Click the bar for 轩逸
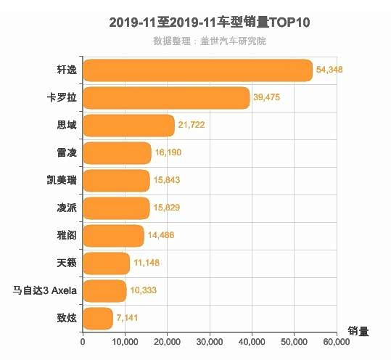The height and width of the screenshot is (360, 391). [x=197, y=70]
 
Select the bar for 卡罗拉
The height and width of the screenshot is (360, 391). [x=166, y=98]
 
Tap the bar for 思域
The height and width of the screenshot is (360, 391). [x=128, y=126]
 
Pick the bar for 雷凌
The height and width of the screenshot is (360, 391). [x=117, y=153]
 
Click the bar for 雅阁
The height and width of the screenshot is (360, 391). [x=113, y=236]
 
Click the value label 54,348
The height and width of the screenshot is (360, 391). [x=330, y=70]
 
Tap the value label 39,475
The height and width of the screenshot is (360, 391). [x=267, y=98]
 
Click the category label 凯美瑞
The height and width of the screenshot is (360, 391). [x=61, y=181]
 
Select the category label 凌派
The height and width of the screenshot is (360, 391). [x=65, y=208]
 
